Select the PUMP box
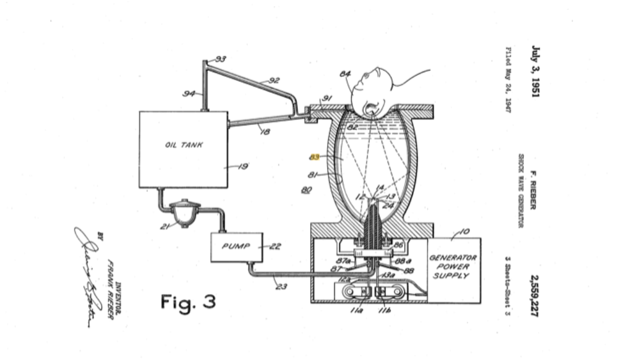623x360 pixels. point(237,247)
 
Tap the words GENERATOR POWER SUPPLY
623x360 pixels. point(453,267)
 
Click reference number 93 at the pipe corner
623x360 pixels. point(221,58)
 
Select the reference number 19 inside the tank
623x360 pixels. point(242,167)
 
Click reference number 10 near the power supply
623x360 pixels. point(463,232)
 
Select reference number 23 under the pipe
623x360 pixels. point(281,286)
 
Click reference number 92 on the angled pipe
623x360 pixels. point(275,80)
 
